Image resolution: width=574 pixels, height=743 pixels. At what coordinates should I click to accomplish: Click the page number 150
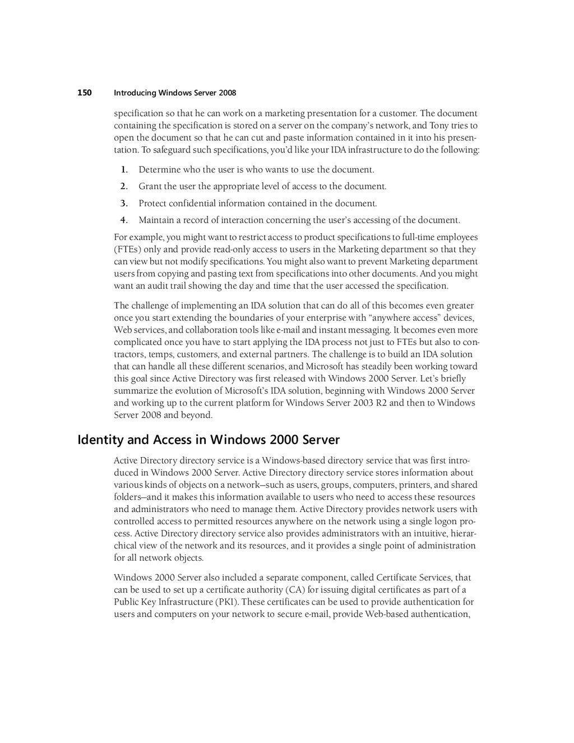84,93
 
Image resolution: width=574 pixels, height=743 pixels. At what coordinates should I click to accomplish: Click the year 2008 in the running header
228,93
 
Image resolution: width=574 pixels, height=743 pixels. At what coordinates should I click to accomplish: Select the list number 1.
124,169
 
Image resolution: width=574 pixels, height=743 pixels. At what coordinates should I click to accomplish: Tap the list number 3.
124,203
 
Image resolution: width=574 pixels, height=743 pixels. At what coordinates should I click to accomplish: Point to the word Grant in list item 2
150,186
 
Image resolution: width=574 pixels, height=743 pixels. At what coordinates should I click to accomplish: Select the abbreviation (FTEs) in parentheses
127,250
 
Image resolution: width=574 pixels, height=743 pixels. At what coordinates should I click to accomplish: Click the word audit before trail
162,286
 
